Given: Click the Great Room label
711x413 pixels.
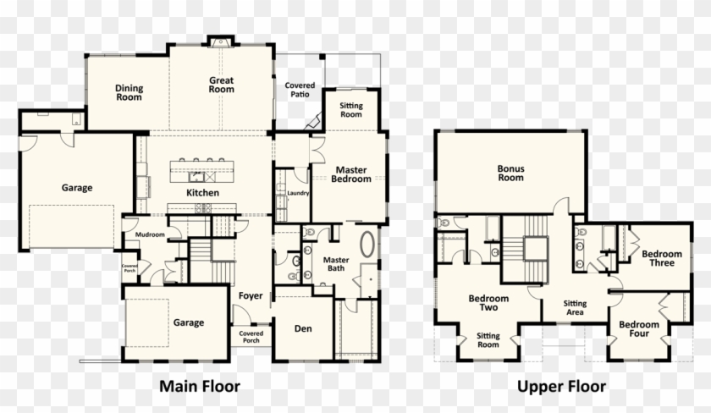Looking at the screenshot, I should pos(222,85).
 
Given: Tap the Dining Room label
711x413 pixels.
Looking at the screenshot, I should pos(129,92).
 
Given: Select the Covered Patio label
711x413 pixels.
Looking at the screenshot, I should pos(300,91).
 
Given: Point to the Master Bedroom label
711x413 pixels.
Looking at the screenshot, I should pos(350,174).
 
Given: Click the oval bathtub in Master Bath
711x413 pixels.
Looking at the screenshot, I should pos(369,245).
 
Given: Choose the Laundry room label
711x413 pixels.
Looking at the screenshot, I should pos(299,193).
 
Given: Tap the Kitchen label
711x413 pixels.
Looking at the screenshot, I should pos(203,193).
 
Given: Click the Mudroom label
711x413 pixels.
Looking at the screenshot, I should pos(149,234).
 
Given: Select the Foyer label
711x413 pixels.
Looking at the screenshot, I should pos(250,296).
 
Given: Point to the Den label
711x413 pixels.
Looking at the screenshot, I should pos(303,328).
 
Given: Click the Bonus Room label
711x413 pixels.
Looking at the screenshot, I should pos(510,173).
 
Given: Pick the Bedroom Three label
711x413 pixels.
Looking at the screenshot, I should pos(661,258).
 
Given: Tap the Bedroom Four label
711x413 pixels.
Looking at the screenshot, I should pos(638,329).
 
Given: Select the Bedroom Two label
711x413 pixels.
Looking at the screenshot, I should pos(488,303).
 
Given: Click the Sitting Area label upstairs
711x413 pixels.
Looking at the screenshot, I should pos(576,307).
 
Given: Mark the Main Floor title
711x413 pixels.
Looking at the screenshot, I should pos(200,387).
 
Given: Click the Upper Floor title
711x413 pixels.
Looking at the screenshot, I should pos(562,387).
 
